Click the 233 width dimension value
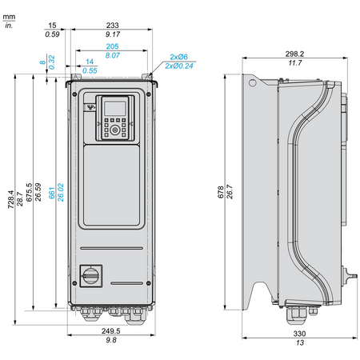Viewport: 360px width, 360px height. click(x=112, y=25)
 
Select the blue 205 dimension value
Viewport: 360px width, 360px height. click(x=112, y=46)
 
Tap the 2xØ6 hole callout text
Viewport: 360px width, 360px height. click(x=178, y=57)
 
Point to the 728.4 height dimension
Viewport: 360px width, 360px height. click(x=10, y=199)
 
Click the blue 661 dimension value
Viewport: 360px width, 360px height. click(x=51, y=193)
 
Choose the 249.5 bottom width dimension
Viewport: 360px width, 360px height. click(x=110, y=331)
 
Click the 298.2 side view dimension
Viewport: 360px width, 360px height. click(x=294, y=54)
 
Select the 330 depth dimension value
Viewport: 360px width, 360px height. click(x=299, y=334)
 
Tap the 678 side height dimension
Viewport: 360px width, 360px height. click(x=221, y=192)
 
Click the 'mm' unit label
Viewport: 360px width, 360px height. click(x=9, y=17)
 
